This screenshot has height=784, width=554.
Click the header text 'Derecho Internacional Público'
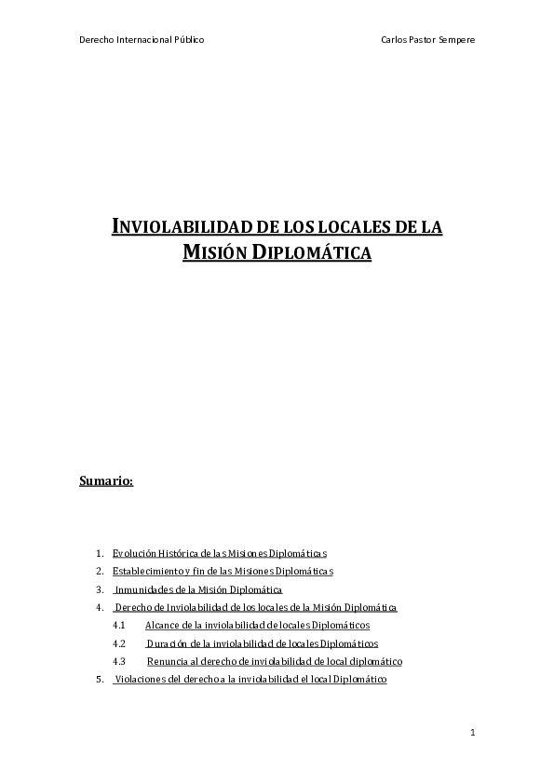pyautogui.click(x=142, y=40)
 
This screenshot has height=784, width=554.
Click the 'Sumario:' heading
pyautogui.click(x=107, y=481)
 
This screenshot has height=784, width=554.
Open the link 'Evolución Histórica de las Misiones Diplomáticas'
pyautogui.click(x=219, y=553)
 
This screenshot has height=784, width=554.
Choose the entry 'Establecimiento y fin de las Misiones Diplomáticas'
pyautogui.click(x=223, y=571)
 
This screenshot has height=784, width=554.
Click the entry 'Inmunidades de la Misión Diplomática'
pyautogui.click(x=197, y=589)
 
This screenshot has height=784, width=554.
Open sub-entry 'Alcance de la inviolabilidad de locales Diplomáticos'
pyautogui.click(x=258, y=625)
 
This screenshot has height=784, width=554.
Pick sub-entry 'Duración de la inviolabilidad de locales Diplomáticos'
pyautogui.click(x=262, y=643)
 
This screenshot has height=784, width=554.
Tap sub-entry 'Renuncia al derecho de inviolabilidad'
pyautogui.click(x=275, y=661)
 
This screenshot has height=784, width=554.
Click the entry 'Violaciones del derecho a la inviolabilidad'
pyautogui.click(x=250, y=680)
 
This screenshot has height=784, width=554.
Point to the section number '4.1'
pyautogui.click(x=118, y=625)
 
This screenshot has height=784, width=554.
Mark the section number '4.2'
pyautogui.click(x=118, y=643)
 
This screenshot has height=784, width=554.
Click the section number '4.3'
pyautogui.click(x=118, y=661)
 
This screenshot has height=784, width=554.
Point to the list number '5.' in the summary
pyautogui.click(x=100, y=680)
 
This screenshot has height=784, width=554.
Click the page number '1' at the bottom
pyautogui.click(x=473, y=734)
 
